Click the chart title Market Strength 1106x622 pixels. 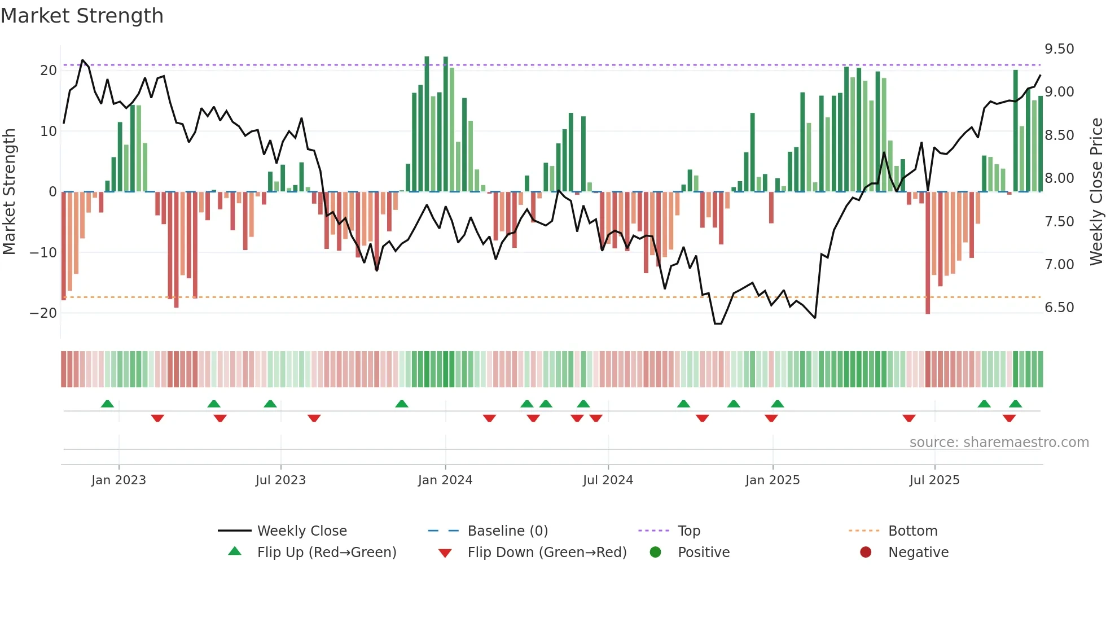pyautogui.click(x=82, y=16)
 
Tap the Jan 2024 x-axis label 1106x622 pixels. pyautogui.click(x=445, y=480)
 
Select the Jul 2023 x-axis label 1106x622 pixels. pyautogui.click(x=280, y=480)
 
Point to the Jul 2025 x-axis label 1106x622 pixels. pyautogui.click(x=934, y=480)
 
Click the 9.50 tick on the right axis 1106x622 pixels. pyautogui.click(x=1059, y=49)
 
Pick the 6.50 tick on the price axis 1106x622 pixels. pyautogui.click(x=1059, y=308)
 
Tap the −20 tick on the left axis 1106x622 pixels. pyautogui.click(x=43, y=313)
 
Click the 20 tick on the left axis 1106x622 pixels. pyautogui.click(x=49, y=71)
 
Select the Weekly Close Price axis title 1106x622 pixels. pyautogui.click(x=1096, y=192)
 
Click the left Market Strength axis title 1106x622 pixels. pyautogui.click(x=9, y=192)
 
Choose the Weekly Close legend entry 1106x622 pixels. pyautogui.click(x=302, y=531)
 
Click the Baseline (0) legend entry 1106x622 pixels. pyautogui.click(x=507, y=531)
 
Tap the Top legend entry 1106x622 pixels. pyautogui.click(x=688, y=531)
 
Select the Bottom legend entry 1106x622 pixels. pyautogui.click(x=912, y=531)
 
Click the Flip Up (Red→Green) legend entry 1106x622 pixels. pyautogui.click(x=326, y=553)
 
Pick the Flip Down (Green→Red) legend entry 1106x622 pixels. pyautogui.click(x=547, y=553)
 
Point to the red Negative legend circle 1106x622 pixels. pyautogui.click(x=865, y=553)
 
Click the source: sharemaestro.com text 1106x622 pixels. pyautogui.click(x=999, y=443)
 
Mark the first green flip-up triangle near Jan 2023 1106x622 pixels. pyautogui.click(x=107, y=404)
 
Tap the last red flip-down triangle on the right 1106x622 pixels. pyautogui.click(x=1009, y=418)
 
